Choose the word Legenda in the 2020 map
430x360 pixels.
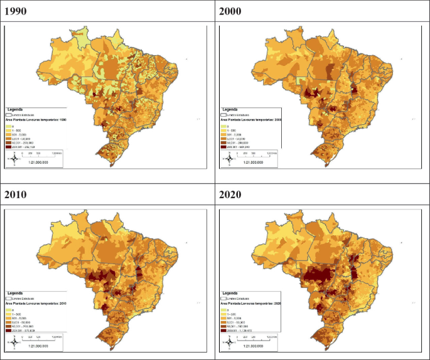click(x=229, y=292)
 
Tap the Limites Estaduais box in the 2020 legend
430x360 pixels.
click(x=224, y=298)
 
